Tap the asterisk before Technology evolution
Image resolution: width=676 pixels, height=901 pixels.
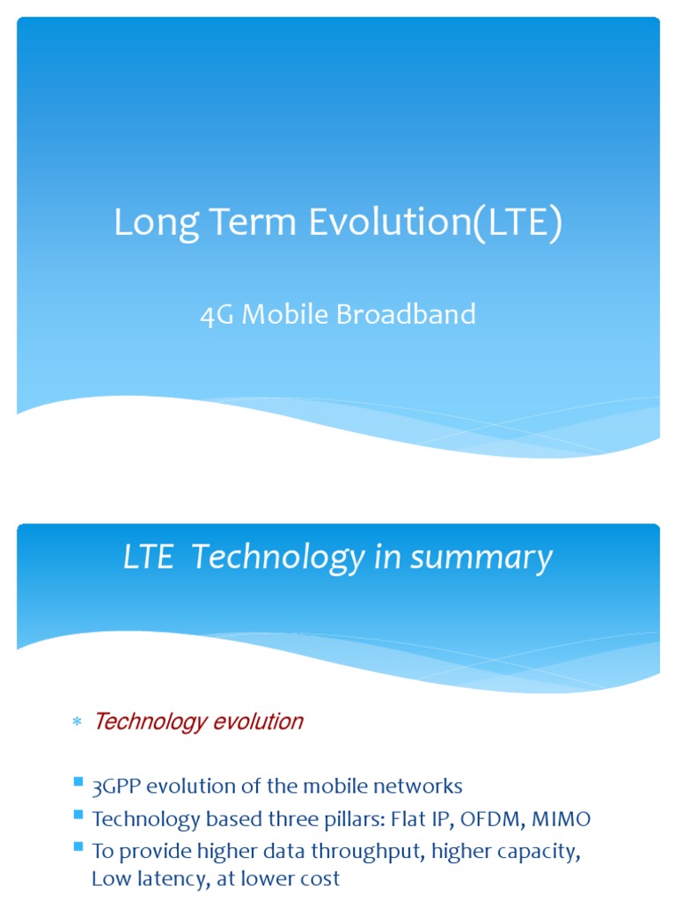(x=76, y=723)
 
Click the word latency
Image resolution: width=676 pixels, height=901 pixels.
(x=166, y=879)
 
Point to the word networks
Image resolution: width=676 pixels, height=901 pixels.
(x=419, y=786)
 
